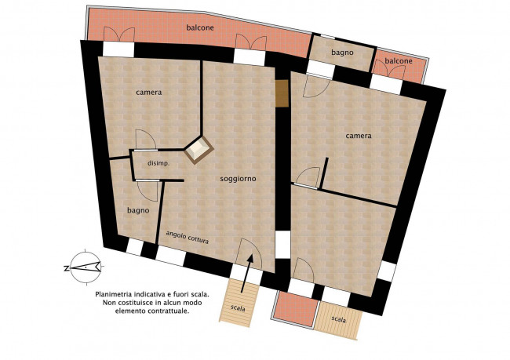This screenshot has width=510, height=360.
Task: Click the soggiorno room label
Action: pos(238,179)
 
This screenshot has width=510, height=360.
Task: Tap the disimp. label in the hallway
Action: pos(158,164)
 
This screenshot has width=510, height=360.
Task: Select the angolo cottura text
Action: pos(187,238)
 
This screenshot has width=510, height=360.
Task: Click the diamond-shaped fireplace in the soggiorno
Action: pos(199,150)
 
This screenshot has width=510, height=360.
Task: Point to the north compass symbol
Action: pos(84,267)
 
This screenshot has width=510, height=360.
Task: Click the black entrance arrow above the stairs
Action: pos(246,273)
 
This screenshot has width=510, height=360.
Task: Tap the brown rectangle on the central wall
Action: pos(282,93)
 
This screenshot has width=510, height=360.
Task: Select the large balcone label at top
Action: pos(200,28)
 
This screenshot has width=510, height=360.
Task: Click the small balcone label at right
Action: pos(399,61)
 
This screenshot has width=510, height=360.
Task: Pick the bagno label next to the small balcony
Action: pos(342,53)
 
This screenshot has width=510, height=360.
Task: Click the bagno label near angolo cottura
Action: pos(138,211)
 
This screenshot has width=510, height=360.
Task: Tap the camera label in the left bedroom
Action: pos(148,93)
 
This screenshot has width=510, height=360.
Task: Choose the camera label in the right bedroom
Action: pos(359,136)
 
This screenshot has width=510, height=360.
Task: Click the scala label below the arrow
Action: pos(238,307)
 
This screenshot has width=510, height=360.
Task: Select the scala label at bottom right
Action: pos(339,319)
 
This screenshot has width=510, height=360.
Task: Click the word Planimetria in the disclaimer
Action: pos(112,295)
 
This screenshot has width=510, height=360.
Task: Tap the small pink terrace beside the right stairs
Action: pos(295,308)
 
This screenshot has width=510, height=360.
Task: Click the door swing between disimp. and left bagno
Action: pos(148,191)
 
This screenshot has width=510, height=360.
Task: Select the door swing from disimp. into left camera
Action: pos(145,140)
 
